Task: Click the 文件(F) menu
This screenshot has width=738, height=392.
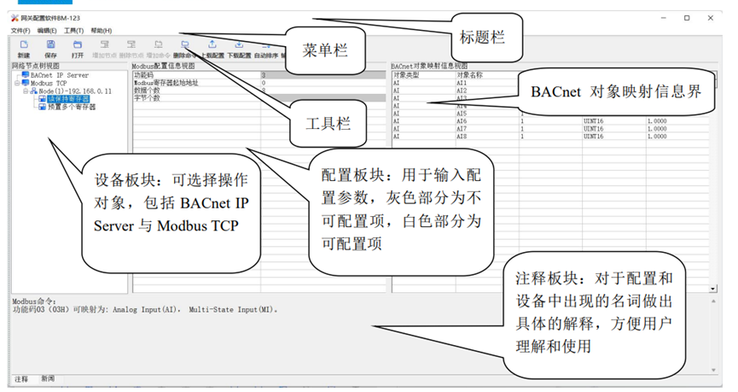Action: click(x=20, y=31)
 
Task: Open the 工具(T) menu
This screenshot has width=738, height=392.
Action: click(x=74, y=31)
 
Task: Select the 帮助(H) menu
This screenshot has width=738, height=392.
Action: click(x=101, y=31)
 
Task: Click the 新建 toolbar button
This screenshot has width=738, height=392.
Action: click(x=24, y=49)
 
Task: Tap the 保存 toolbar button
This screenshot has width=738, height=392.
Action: click(x=51, y=49)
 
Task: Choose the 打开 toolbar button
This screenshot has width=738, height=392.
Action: click(x=78, y=49)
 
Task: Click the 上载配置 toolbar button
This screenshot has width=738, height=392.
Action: click(x=212, y=49)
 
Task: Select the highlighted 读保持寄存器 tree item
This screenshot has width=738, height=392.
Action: click(x=67, y=99)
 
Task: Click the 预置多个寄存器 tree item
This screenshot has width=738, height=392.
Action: click(x=71, y=107)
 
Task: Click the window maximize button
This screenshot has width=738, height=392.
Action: click(x=687, y=17)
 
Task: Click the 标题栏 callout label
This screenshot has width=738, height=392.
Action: click(x=482, y=37)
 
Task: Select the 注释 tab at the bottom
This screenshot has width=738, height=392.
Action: click(x=21, y=378)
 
